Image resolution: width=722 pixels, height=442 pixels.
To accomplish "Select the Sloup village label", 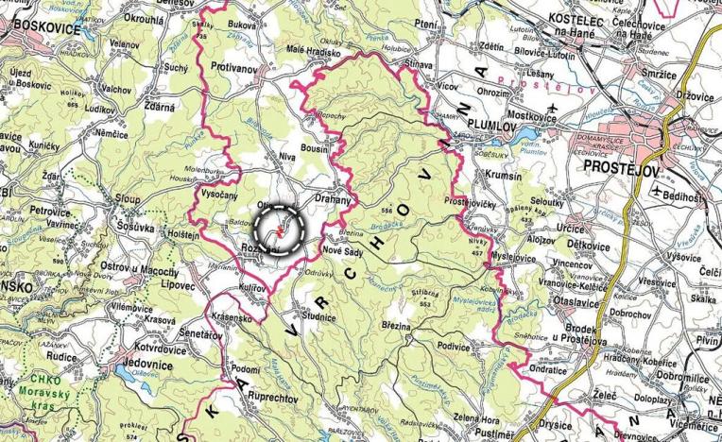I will point(128,200).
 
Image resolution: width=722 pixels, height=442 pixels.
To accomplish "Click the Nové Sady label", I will point(345,252).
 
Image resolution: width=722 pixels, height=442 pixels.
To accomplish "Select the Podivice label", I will point(456,347).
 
